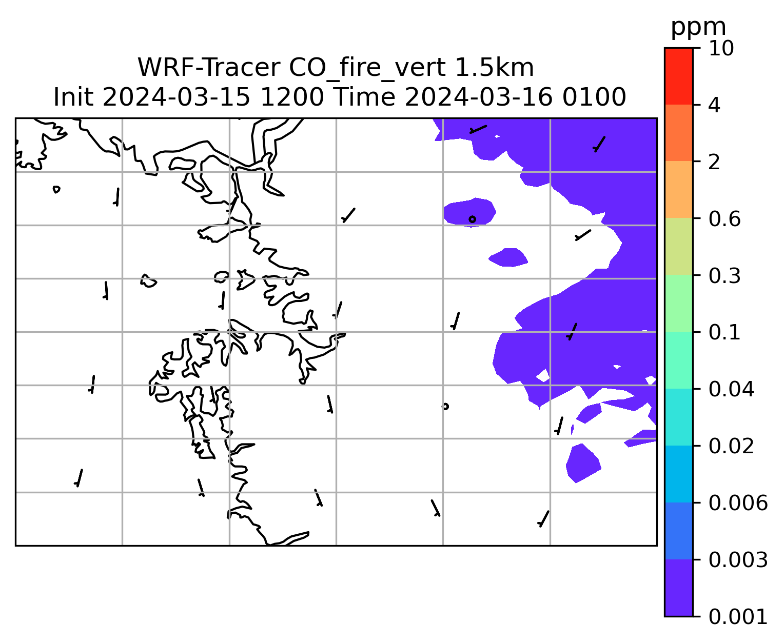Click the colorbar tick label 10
coord(721,48)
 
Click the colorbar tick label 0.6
coord(724,219)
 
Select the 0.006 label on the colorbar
coord(738,503)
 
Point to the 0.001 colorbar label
coord(738,617)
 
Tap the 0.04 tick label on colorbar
coord(731,390)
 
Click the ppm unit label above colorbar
coord(698,27)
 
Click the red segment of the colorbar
coord(679,76)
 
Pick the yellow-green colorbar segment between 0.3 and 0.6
coord(679,246)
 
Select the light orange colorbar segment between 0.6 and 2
coord(679,189)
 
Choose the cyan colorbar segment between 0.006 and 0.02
coord(679,474)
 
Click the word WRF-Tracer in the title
coord(208,68)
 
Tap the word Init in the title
coord(73,97)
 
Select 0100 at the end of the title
coord(594,97)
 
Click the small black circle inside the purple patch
coord(472,219)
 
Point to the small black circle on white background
coord(445,407)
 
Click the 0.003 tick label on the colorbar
coord(738,560)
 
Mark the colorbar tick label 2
coord(714,163)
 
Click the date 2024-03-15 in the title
coord(176,97)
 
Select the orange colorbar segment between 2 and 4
coord(679,133)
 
